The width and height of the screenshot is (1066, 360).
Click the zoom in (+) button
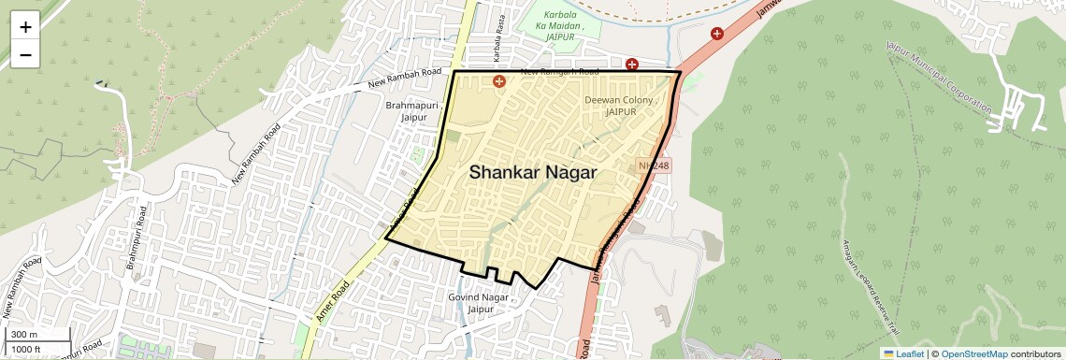click(25, 27)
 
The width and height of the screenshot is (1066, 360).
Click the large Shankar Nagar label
click(533, 172)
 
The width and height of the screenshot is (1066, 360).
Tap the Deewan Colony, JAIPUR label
click(622, 105)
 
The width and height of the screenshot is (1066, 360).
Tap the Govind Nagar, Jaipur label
click(478, 303)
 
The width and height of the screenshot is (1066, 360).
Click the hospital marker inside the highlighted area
click(498, 82)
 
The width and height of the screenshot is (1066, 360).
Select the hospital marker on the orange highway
click(717, 34)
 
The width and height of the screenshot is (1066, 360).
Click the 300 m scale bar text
click(25, 335)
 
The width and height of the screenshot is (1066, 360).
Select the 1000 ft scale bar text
click(26, 349)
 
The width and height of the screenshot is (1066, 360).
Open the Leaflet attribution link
click(903, 353)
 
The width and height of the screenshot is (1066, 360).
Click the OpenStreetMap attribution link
click(974, 353)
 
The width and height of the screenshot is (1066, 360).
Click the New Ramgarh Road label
click(558, 71)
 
